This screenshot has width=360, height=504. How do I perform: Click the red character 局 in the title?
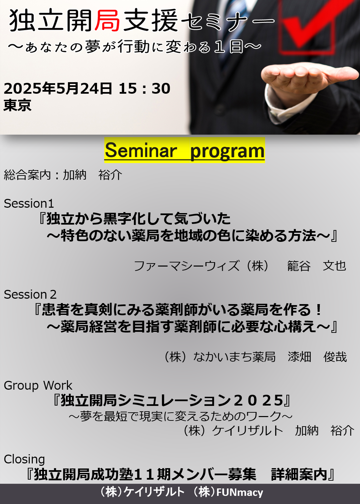coord(107,21)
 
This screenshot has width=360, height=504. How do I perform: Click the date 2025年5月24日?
coord(58,88)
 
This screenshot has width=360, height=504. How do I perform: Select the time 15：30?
coord(144,88)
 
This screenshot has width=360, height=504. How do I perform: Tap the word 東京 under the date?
coord(17,105)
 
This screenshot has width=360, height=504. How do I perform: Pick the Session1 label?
coord(29,203)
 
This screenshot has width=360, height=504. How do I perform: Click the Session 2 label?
coord(30,294)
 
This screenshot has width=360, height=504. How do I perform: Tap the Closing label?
coord(24,459)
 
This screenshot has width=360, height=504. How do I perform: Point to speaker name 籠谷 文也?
coord(317,266)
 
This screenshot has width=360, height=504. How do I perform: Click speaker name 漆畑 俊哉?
coord(317,357)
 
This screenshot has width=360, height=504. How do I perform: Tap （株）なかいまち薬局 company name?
coord(220,357)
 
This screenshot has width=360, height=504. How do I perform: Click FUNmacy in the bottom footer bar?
coord(240,493)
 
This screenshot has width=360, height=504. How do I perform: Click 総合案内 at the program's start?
coord(27,175)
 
